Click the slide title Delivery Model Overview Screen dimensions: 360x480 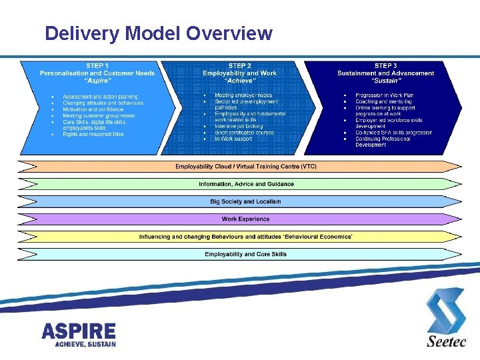[x=158, y=33]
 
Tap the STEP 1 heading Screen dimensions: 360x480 [x=97, y=65]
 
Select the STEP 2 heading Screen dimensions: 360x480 [x=240, y=65]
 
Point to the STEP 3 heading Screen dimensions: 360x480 [x=385, y=65]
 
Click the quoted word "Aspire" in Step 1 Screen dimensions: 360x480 [x=97, y=81]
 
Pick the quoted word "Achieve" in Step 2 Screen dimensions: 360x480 [x=240, y=81]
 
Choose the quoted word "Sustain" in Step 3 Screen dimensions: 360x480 [x=385, y=81]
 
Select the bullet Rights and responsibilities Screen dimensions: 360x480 [x=93, y=134]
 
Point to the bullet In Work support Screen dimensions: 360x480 [x=234, y=139]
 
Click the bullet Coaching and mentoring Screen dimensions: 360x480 [x=384, y=101]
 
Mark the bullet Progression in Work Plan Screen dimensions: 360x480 [x=385, y=95]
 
